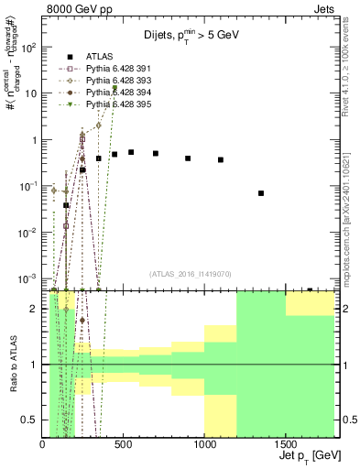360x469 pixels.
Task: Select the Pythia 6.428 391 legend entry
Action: click(x=115, y=68)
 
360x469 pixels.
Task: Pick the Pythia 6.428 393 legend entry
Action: click(x=115, y=80)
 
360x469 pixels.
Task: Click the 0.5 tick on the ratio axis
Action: click(x=33, y=420)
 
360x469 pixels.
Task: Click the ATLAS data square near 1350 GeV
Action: click(x=261, y=193)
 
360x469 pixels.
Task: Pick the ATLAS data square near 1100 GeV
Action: click(x=221, y=160)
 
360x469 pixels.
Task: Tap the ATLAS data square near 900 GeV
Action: click(x=188, y=158)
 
